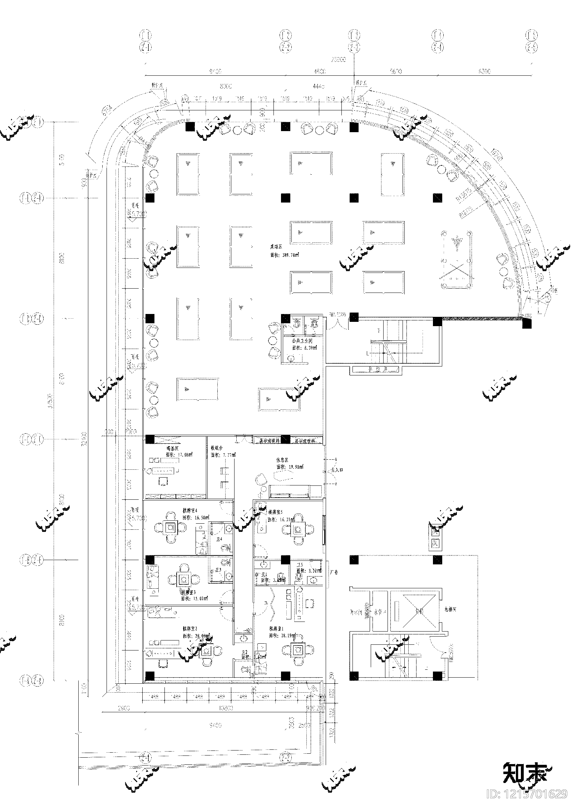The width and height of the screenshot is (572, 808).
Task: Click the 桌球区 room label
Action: pos(276,246)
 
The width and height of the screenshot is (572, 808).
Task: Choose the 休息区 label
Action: pos(282,460)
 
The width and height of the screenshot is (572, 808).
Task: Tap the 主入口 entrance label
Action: pos(337,470)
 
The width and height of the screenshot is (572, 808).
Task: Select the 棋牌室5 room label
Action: pos(276,512)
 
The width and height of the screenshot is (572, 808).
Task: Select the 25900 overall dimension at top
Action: pos(339,60)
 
